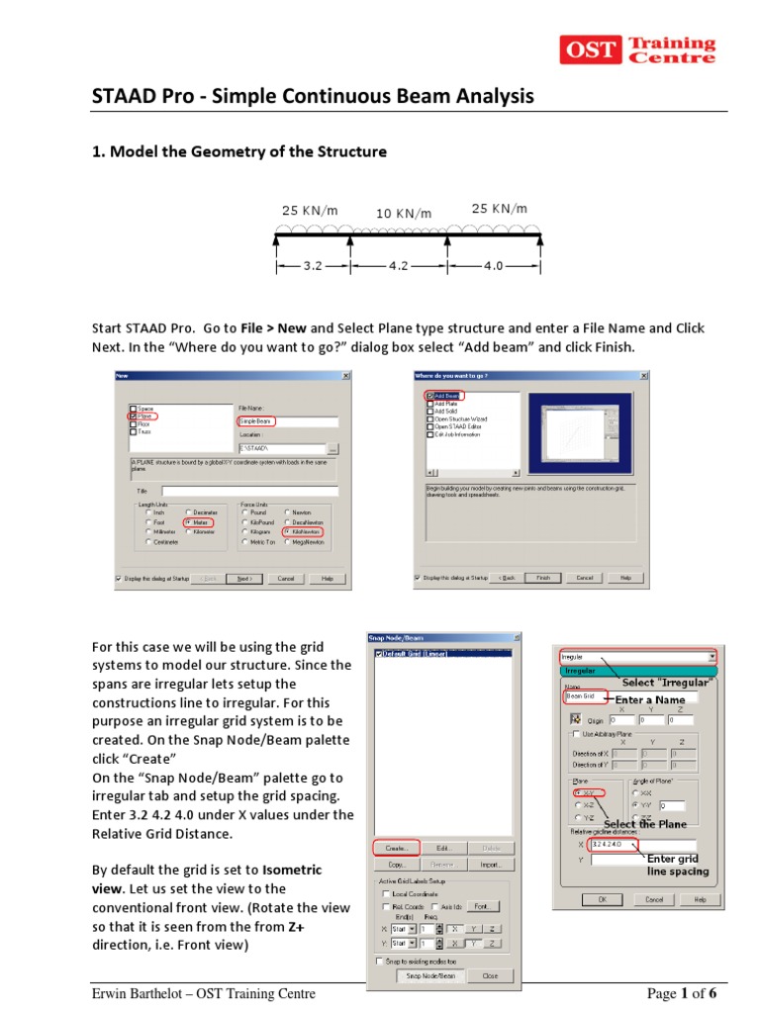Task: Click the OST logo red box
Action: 592,49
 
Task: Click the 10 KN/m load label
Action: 403,214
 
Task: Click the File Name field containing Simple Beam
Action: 256,420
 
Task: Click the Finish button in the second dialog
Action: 543,578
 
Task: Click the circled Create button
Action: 396,847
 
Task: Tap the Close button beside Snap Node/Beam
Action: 489,975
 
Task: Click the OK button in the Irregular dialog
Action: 603,900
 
